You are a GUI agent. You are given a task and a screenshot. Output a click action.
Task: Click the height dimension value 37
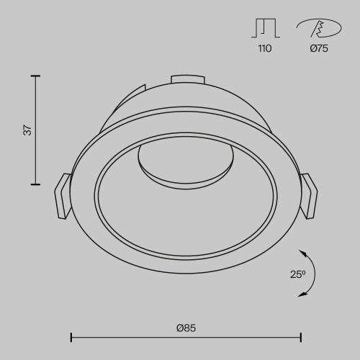tap(27, 130)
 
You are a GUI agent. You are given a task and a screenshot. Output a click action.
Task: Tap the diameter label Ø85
tap(186, 328)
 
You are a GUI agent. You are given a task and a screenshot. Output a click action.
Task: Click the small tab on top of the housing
tap(186, 80)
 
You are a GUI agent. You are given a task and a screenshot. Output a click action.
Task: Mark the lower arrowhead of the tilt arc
tap(306, 294)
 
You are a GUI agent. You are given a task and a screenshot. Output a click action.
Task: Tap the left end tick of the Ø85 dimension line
tap(71, 336)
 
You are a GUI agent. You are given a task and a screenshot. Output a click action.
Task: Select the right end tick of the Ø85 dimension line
tap(301, 336)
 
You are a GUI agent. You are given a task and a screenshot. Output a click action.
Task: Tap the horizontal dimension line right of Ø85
tap(252, 336)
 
